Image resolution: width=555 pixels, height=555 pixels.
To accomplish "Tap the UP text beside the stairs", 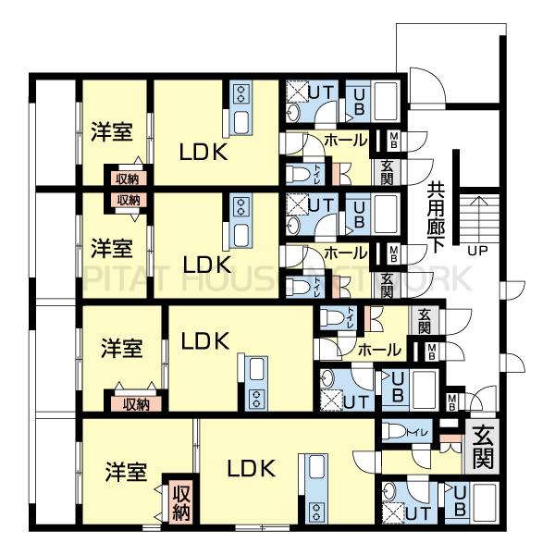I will coord(477,250).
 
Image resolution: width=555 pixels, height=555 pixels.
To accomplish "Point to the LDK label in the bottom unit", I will coord(251,468).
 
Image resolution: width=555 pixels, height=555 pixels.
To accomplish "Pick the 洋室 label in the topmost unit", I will coord(112,132).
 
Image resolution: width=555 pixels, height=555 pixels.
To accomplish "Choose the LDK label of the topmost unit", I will coord(203,152).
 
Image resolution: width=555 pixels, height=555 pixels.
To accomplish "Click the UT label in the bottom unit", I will coord(417,512).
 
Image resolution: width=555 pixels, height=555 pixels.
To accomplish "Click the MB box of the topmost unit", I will coord(394,142).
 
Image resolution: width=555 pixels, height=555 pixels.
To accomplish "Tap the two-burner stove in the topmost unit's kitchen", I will coord(242,93).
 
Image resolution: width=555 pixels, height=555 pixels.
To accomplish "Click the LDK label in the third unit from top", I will coord(203,341).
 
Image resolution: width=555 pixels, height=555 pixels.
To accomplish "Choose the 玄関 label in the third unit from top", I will coord(424,320).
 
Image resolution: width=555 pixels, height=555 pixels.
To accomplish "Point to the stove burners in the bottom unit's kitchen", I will coord(318,511).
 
